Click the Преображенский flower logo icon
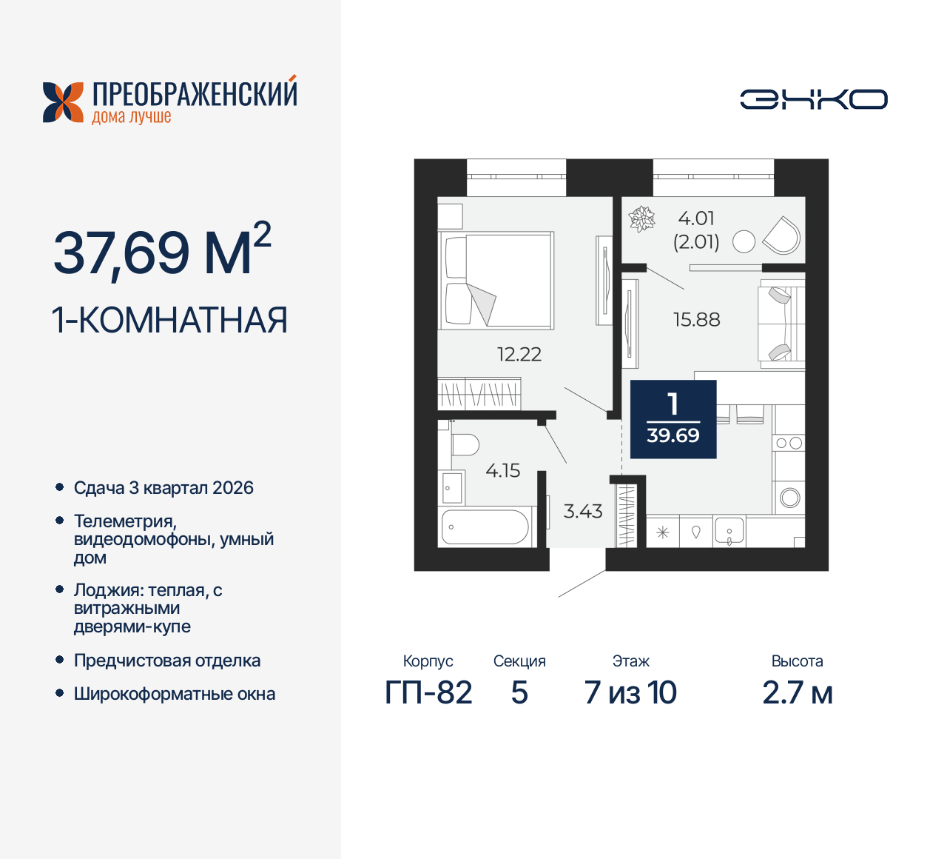64,102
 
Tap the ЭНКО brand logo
814,99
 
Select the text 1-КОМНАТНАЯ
169,321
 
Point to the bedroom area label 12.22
519,355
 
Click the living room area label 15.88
696,320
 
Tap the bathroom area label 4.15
503,471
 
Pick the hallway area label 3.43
583,512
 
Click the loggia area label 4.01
696,218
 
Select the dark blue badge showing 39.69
673,419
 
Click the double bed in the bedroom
496,281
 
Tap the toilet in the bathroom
464,445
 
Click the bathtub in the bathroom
485,527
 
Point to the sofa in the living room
781,324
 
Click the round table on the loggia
744,241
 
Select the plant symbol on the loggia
641,219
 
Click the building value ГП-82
428,693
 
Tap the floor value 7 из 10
630,693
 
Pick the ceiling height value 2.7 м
798,693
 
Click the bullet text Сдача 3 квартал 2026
164,488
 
